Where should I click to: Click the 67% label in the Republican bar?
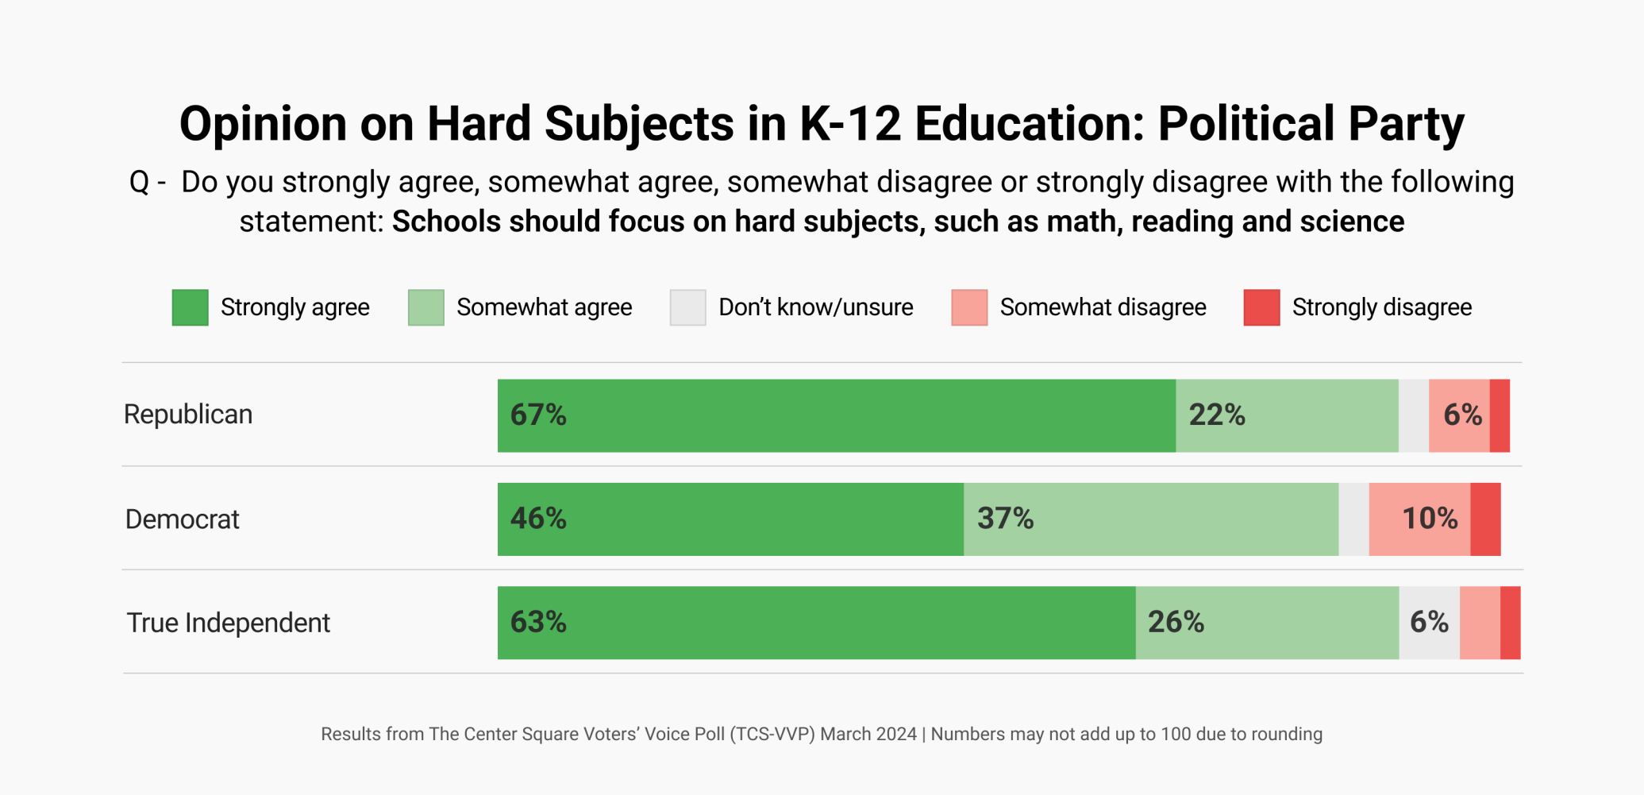coord(538,415)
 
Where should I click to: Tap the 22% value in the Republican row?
coord(1216,415)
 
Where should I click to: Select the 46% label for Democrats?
coord(538,519)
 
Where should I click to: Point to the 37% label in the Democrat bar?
coord(1005,519)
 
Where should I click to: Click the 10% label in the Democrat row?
coord(1429,519)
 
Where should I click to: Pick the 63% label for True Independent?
coord(538,622)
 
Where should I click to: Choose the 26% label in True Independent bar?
coord(1176,622)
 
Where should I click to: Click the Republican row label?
coord(188,415)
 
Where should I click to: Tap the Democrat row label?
coord(182,519)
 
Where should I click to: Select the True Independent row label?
coord(228,623)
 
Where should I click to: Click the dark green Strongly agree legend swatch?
coord(191,307)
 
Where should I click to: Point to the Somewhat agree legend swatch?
coord(426,307)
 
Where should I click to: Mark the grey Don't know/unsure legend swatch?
coord(687,307)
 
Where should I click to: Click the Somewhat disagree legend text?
coord(1103,307)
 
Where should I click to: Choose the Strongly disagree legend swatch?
coord(1261,307)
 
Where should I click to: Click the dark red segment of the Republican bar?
coord(1500,415)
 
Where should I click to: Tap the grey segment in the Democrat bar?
coord(1353,519)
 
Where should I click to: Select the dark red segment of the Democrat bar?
coord(1485,519)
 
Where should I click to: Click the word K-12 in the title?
coord(850,124)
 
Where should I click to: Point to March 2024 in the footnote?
coord(868,734)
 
